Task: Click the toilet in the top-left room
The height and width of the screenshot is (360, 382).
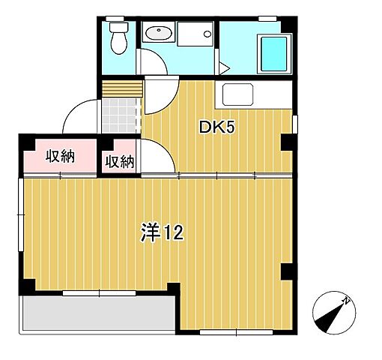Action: point(118,37)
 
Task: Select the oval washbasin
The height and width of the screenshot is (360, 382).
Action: point(158,33)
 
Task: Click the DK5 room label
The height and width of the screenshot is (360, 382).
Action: point(217,127)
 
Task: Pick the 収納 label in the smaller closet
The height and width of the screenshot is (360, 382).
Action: point(119,160)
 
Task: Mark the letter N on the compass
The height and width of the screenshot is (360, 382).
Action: point(347,301)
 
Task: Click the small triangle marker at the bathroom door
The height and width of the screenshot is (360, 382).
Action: point(222,68)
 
